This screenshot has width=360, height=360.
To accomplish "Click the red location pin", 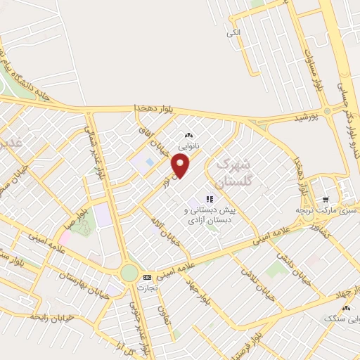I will (x=181, y=166).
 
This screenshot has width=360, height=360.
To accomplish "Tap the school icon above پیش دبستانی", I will (x=208, y=198).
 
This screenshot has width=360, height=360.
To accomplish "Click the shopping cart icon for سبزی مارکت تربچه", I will (x=325, y=199).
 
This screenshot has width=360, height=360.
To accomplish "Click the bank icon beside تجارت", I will (x=147, y=276).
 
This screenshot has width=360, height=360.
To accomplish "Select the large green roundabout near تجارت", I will (x=129, y=272).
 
